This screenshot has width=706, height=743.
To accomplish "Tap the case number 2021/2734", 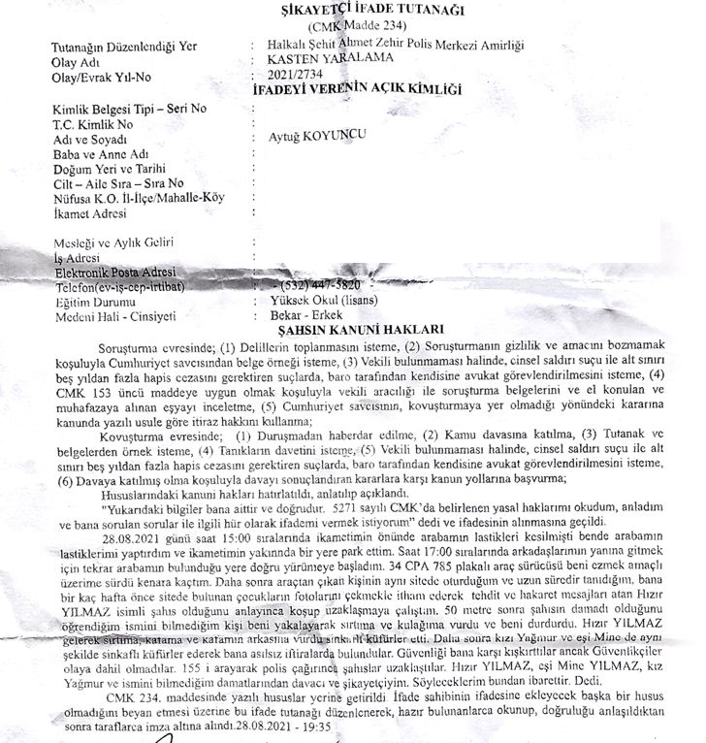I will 294,75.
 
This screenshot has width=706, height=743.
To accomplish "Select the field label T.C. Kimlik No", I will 93,123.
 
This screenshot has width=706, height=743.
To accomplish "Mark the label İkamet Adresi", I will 94,212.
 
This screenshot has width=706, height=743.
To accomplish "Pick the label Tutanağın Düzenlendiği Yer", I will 123,45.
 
